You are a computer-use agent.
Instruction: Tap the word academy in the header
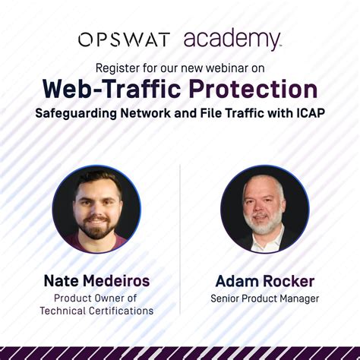click(x=232, y=39)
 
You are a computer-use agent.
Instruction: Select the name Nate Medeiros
click(x=96, y=281)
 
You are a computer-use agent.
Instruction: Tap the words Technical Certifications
click(x=96, y=310)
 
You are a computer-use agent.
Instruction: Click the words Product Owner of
click(x=96, y=298)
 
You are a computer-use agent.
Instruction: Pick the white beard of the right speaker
click(x=262, y=225)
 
